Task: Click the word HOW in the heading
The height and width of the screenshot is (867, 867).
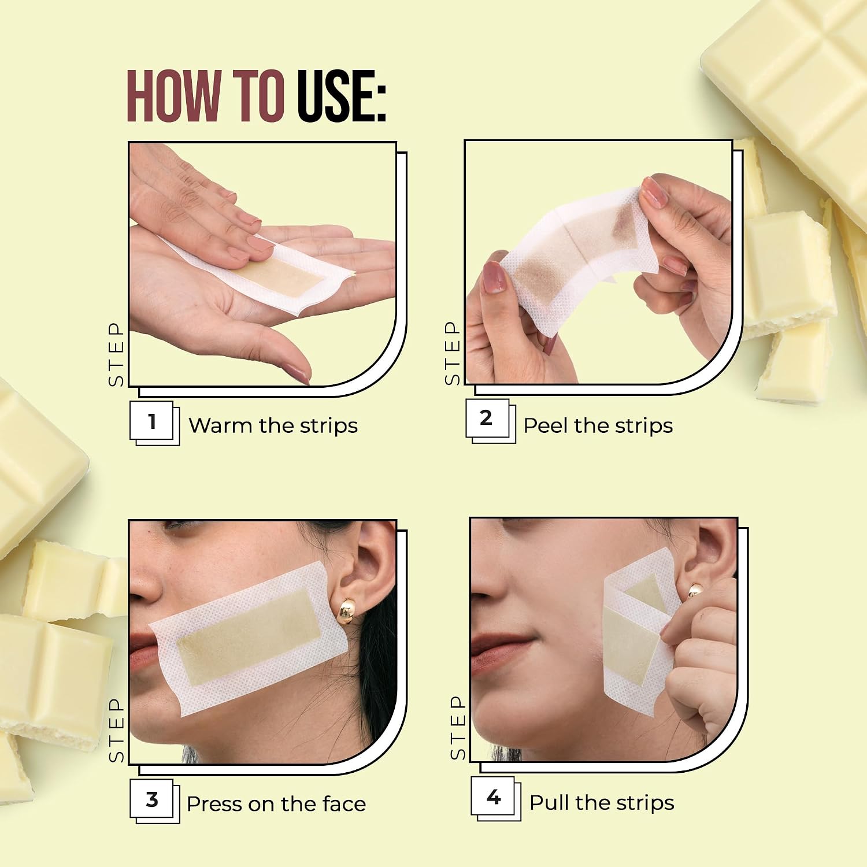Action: point(174,96)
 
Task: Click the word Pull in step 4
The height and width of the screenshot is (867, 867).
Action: point(550,803)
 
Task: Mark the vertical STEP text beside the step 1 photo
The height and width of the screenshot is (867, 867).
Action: point(116,354)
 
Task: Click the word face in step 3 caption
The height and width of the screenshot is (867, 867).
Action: point(344,804)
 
